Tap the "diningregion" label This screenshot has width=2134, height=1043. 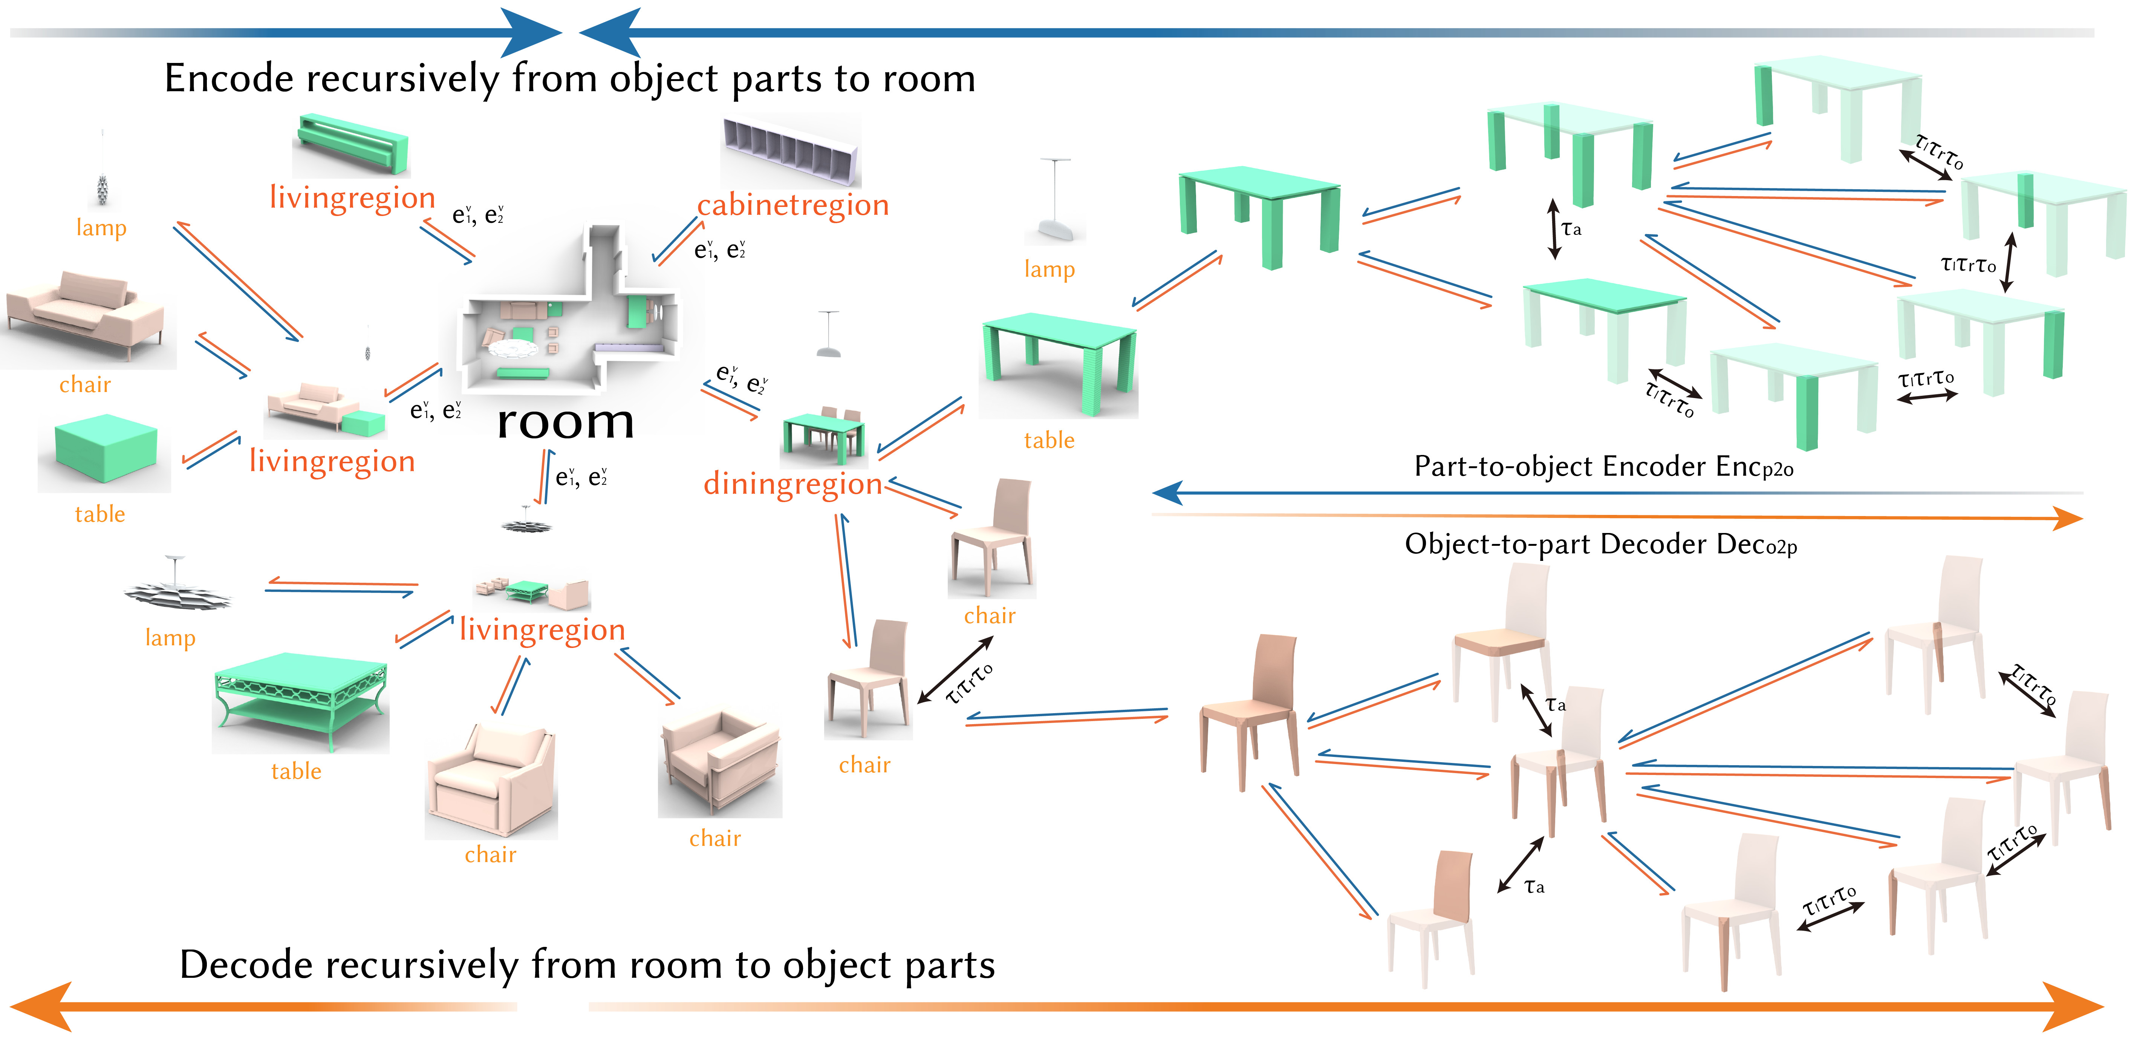[793, 484]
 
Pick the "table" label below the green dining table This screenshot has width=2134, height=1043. [1049, 441]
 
